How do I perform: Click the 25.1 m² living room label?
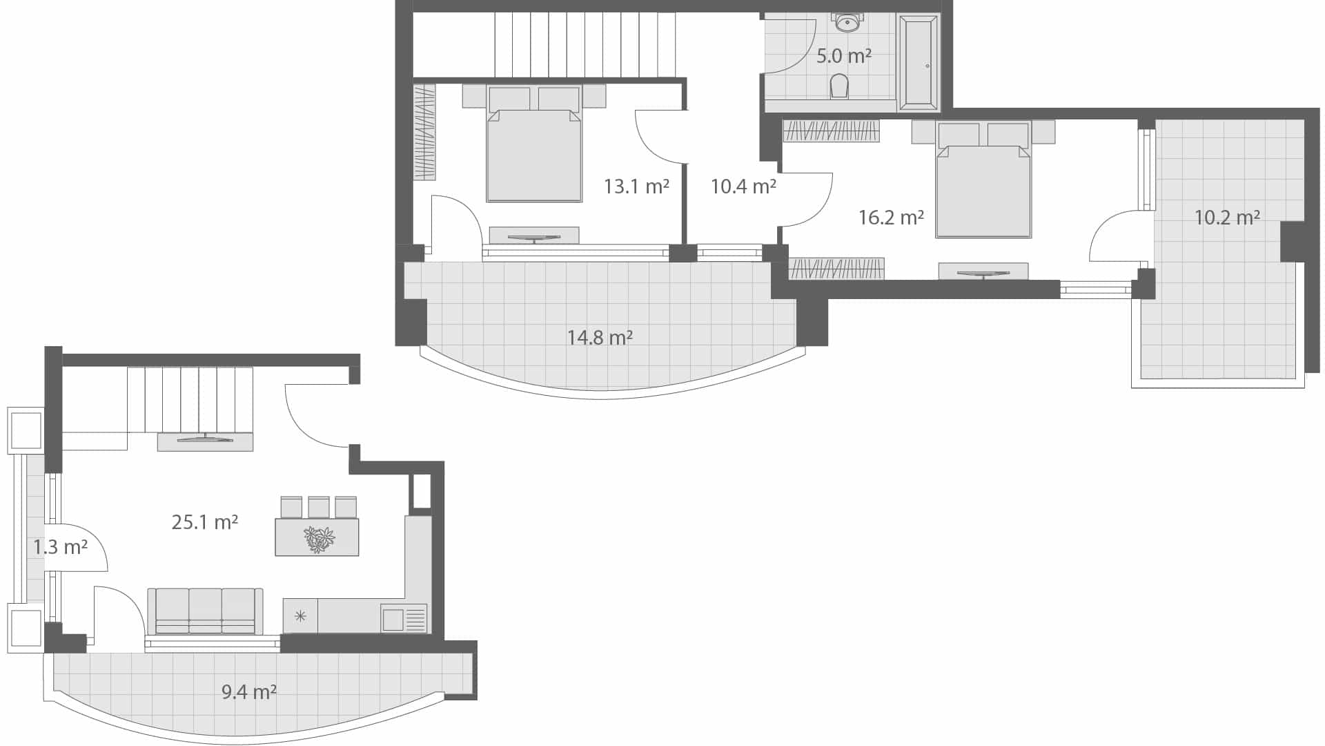pos(204,522)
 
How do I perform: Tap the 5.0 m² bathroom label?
pos(843,56)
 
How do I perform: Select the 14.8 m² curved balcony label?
pos(600,338)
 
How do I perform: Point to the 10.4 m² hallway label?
pos(743,186)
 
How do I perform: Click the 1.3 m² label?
pos(61,548)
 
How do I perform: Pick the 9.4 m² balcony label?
pos(249,691)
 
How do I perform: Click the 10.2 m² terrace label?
pos(1227,218)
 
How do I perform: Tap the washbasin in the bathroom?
pos(847,23)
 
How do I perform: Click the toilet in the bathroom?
pos(839,86)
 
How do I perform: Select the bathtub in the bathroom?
pos(919,64)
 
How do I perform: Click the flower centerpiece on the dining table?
pos(319,539)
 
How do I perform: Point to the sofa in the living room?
pos(205,611)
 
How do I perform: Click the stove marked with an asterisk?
pos(300,615)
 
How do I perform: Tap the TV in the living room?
pos(205,439)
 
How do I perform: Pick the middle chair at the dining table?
pos(319,508)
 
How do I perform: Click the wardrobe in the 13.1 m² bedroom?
pos(424,132)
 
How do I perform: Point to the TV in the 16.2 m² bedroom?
pos(983,273)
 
